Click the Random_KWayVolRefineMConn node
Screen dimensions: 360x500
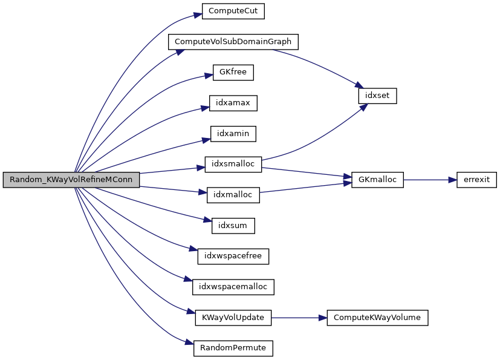coord(71,180)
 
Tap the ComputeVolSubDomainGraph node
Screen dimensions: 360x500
coord(233,42)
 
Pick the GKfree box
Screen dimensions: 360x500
coord(233,73)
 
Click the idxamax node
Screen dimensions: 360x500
coord(233,103)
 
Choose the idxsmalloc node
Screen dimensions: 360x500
coord(233,164)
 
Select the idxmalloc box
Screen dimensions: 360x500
coord(233,195)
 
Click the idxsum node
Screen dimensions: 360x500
coord(233,226)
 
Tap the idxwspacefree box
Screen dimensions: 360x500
coord(233,256)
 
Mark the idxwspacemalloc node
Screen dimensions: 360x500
coord(233,287)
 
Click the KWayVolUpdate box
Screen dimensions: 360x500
coord(233,317)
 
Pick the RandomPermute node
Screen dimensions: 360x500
coord(233,348)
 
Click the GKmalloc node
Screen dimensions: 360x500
coord(377,180)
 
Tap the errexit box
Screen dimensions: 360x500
coord(476,180)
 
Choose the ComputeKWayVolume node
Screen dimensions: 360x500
coord(377,317)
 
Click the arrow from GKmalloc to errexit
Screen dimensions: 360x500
coord(426,180)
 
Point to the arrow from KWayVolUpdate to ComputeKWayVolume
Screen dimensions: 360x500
coord(299,317)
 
